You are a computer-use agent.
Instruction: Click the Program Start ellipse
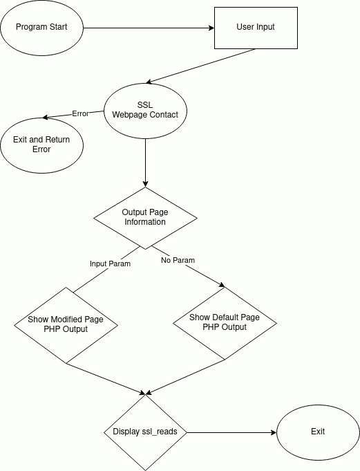pos(41,28)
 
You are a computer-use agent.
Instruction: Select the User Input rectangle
pos(256,28)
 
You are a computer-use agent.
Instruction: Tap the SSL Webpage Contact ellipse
pos(146,111)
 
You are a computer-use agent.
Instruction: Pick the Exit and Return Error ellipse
pos(41,145)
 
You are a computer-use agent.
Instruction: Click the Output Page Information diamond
pos(146,218)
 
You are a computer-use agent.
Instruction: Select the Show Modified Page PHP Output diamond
pos(66,325)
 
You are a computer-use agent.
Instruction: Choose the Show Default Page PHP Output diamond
pos(225,324)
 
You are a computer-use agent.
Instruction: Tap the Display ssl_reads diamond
pos(146,432)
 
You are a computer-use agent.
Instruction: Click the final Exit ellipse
pos(318,432)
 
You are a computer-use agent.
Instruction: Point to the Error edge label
pos(80,113)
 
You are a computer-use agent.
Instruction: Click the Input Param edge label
pos(110,264)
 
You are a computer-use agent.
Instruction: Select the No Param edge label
pos(178,260)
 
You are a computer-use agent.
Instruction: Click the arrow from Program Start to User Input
pos(149,28)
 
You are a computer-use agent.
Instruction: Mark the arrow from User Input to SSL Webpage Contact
pos(200,66)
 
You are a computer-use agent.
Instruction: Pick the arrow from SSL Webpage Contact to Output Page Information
pos(146,163)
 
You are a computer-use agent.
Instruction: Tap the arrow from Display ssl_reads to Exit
pos(231,432)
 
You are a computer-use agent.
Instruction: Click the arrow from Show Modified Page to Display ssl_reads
pos(106,379)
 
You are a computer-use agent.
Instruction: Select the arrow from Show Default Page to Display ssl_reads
pos(185,377)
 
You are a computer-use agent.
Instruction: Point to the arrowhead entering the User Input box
pos(211,28)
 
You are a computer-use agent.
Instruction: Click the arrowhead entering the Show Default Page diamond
pos(222,286)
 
